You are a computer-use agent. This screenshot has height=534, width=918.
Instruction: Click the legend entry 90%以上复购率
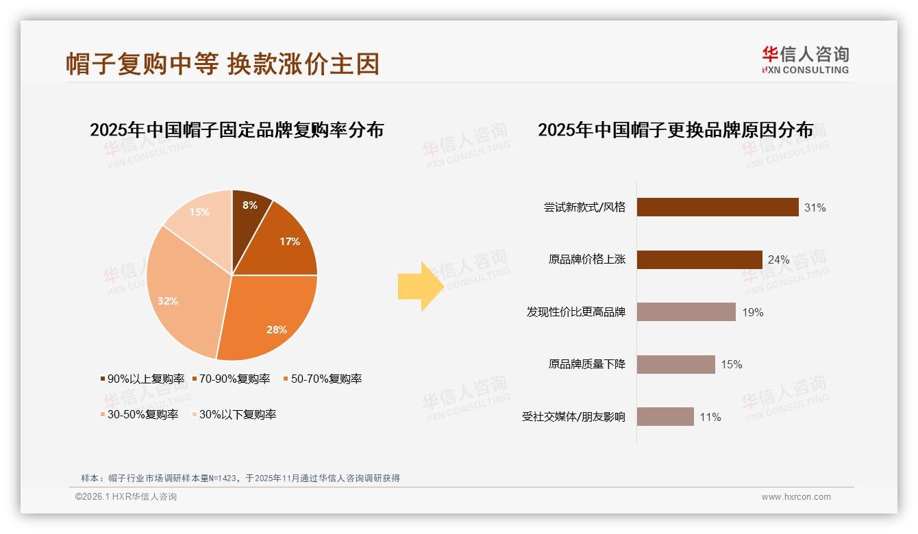coord(142,379)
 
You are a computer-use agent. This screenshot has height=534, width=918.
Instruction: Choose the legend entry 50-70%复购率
coord(322,379)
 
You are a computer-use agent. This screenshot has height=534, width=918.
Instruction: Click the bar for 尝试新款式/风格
coord(717,207)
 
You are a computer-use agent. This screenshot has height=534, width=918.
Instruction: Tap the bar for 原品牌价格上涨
coord(699,259)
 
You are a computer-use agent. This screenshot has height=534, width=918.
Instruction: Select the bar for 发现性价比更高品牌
coord(686,312)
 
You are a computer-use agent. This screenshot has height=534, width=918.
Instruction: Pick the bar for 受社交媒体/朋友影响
coord(665,416)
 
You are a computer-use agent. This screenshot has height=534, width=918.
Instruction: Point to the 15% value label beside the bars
coord(731,364)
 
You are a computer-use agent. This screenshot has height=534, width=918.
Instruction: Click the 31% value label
coord(815,207)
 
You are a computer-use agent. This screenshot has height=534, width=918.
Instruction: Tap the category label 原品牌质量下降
coord(586,364)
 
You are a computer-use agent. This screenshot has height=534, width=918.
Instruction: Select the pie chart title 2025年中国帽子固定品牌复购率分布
coord(236,129)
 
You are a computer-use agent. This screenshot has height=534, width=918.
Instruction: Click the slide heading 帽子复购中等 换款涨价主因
coord(222,64)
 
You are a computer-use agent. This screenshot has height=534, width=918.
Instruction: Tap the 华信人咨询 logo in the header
coord(805,60)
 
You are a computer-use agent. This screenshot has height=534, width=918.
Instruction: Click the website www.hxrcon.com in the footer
coord(796,497)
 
